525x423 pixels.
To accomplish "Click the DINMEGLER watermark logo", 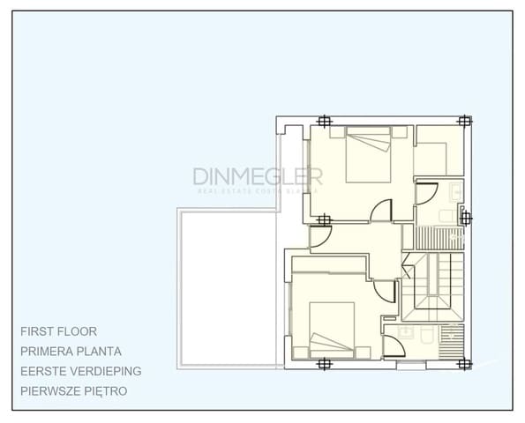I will [x=258, y=178].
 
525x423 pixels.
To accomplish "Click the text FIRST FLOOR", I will [x=59, y=331].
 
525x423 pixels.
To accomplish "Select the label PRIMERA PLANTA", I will [x=71, y=351].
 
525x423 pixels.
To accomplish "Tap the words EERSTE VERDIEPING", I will [x=80, y=371].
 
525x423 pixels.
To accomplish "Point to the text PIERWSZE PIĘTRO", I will [x=74, y=390].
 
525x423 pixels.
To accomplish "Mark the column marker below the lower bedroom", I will [x=325, y=362].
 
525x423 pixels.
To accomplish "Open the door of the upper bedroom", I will [x=382, y=211].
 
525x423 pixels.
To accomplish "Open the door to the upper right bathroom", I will [x=427, y=193].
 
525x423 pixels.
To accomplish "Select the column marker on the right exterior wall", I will [x=466, y=218].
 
